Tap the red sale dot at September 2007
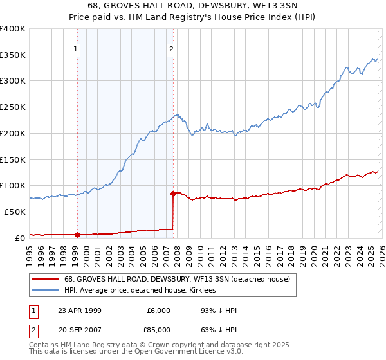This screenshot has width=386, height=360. (174, 193)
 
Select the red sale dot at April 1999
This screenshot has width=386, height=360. (77, 234)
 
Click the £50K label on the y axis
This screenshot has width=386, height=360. (15, 212)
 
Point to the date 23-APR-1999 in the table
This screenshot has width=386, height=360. (80, 310)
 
